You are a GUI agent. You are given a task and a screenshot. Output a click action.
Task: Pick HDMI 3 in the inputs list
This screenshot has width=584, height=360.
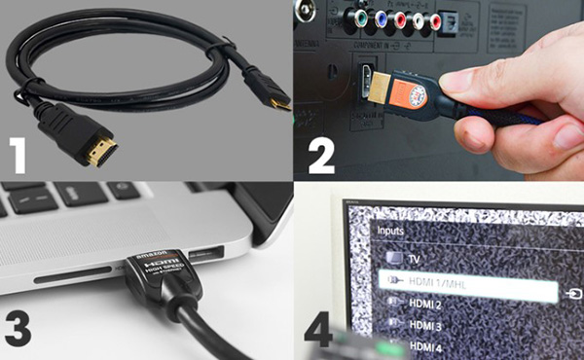click(426, 326)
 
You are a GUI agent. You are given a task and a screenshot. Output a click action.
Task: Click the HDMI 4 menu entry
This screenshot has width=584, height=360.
click(426, 347)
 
